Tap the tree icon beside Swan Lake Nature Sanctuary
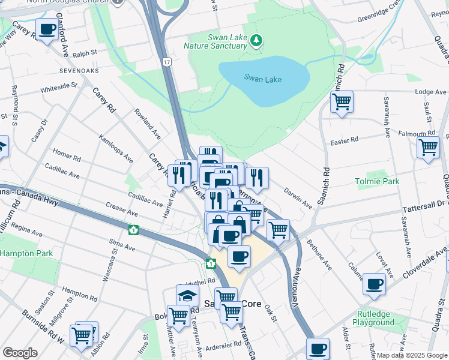pyautogui.click(x=257, y=40)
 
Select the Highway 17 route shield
pyautogui.click(x=166, y=62)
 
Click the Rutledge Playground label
pyautogui.click(x=373, y=319)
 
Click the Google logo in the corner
pyautogui.click(x=20, y=352)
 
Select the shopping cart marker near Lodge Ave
pyautogui.click(x=342, y=102)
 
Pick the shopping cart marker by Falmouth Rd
pyautogui.click(x=429, y=146)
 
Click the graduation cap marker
pyautogui.click(x=187, y=295)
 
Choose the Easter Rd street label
pyautogui.click(x=345, y=140)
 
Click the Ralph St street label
pyautogui.click(x=85, y=54)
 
